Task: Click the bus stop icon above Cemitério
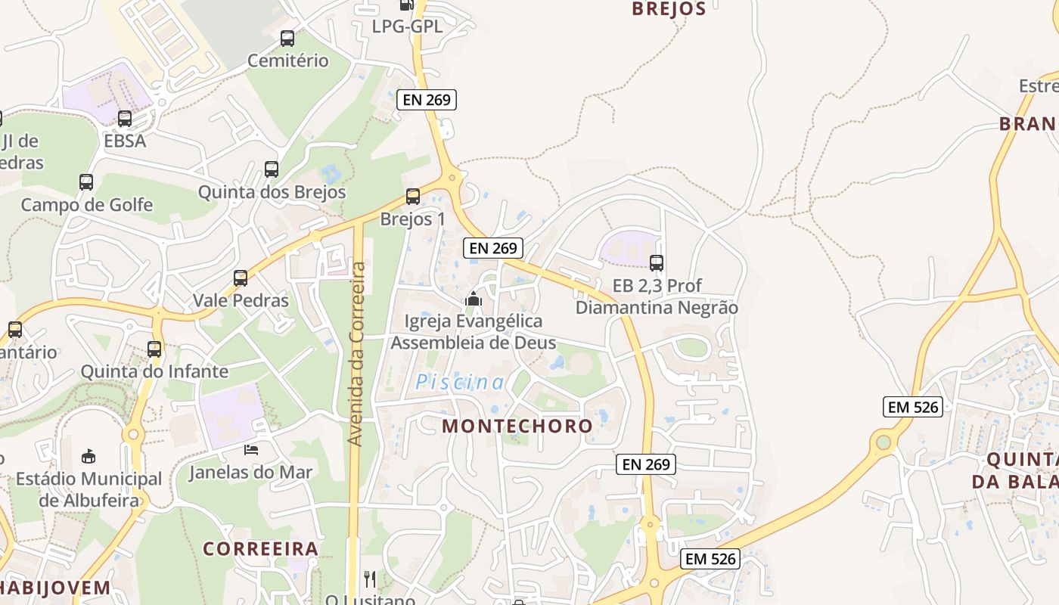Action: (287, 38)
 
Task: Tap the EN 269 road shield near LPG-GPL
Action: (427, 99)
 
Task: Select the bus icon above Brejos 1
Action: (412, 197)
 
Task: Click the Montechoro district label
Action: (517, 426)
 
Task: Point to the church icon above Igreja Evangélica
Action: (474, 299)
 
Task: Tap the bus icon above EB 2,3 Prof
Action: (657, 263)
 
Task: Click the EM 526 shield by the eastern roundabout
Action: (913, 407)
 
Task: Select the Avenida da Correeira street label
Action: (357, 354)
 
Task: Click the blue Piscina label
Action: (459, 383)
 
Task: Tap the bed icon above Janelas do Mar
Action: (251, 449)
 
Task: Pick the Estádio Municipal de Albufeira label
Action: (89, 489)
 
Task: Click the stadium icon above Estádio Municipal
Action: (89, 456)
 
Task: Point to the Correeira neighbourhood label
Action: (260, 548)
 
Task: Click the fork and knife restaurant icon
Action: (370, 579)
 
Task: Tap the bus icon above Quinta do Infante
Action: (154, 349)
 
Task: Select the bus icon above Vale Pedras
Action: (241, 278)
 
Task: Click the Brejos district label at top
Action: (668, 9)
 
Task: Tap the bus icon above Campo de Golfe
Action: (86, 182)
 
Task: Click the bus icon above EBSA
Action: (125, 119)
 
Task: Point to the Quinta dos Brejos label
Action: (272, 192)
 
